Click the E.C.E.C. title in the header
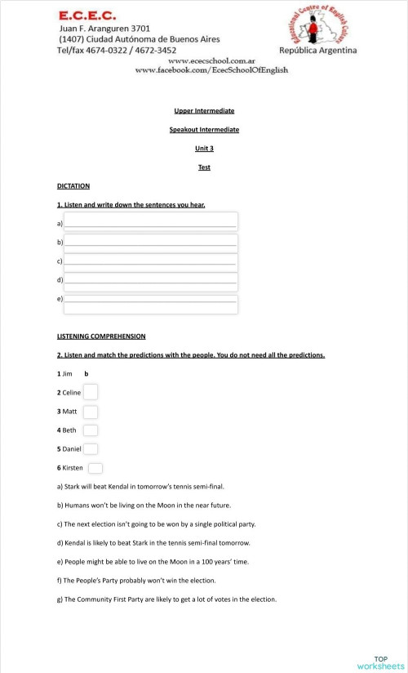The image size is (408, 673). (87, 15)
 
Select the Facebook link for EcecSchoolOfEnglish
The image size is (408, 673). (211, 70)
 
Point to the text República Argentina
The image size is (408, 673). (317, 51)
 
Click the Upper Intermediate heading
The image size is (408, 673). (204, 111)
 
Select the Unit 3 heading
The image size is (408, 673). (204, 148)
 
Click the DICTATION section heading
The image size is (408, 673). (73, 186)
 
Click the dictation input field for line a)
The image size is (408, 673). (151, 221)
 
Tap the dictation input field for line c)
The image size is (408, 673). (151, 261)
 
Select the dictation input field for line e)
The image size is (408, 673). (151, 304)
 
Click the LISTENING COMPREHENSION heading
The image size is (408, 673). (101, 336)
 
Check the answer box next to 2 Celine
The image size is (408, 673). (91, 392)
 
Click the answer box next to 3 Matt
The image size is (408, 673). (91, 412)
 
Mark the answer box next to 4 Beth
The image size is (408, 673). (91, 430)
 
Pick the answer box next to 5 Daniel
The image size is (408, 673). (91, 449)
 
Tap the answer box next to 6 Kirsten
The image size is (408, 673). (95, 468)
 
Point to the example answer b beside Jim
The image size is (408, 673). (86, 374)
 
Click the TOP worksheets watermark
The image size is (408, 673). (380, 662)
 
